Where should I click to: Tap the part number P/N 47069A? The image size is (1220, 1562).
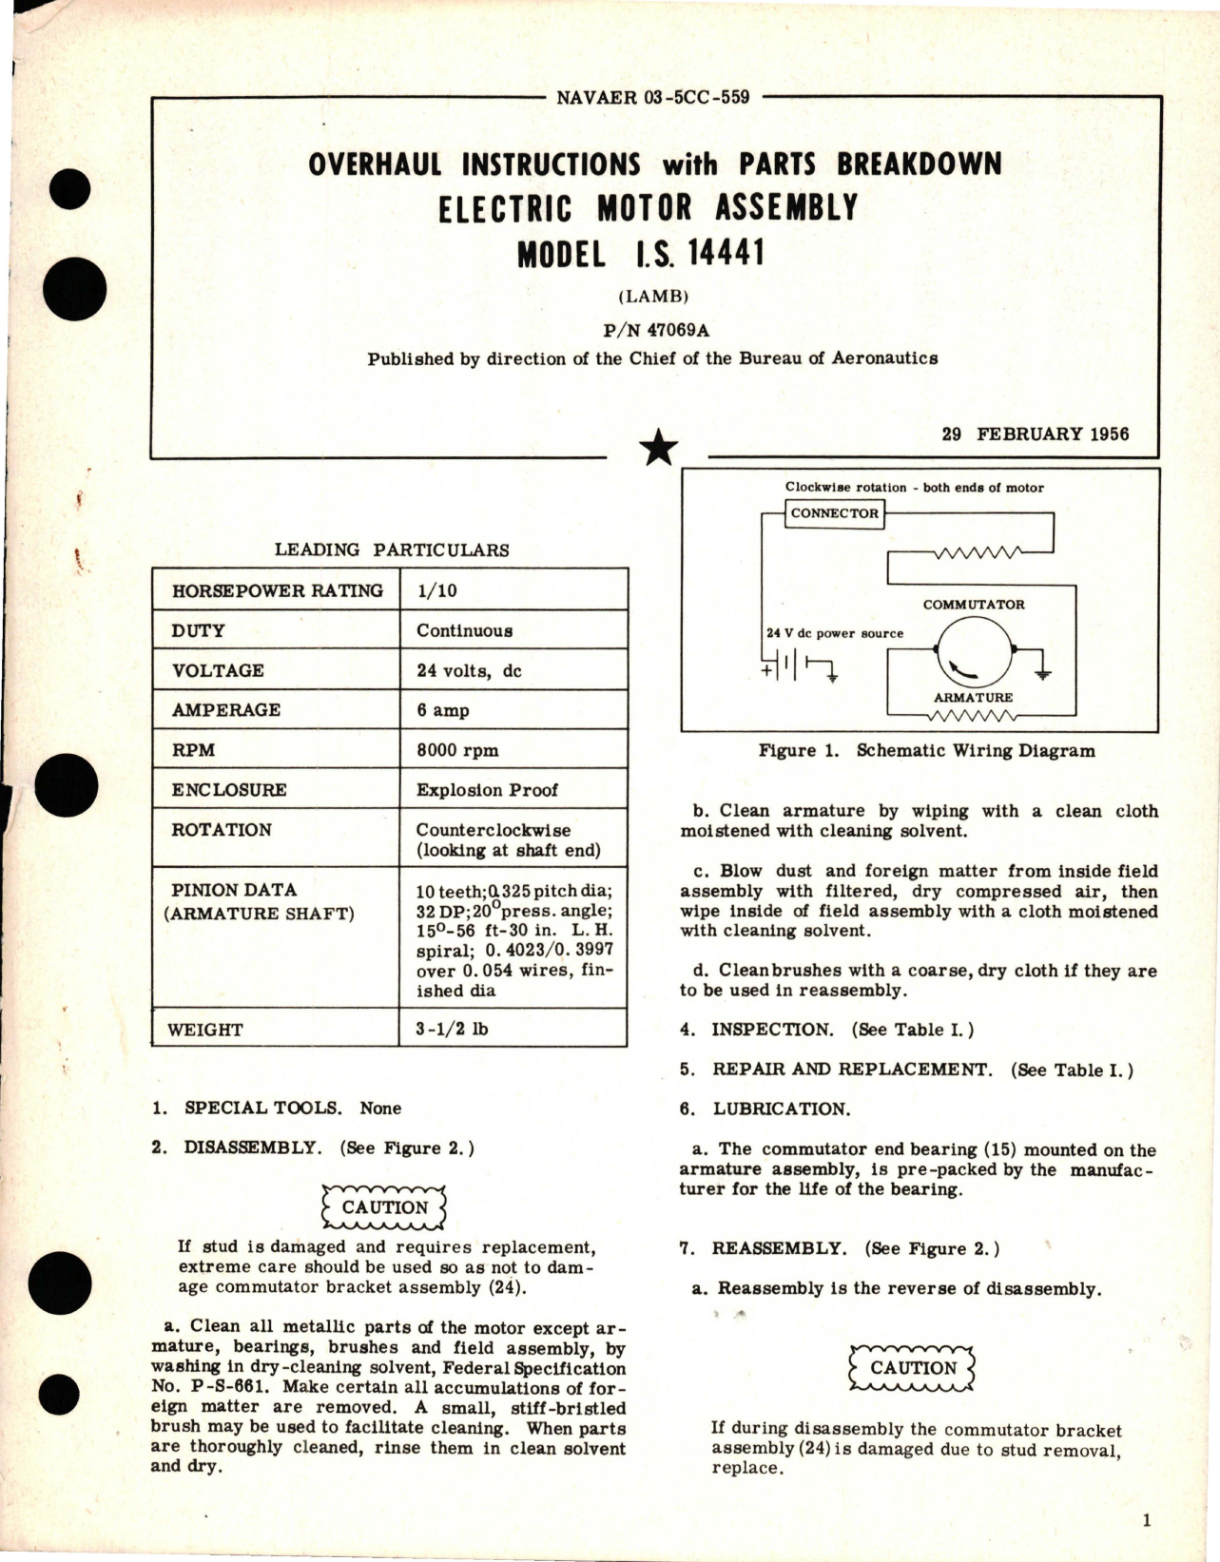[x=655, y=331]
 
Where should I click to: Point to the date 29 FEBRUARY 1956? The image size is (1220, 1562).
[x=1036, y=434]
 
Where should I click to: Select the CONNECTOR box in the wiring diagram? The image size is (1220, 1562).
[x=835, y=513]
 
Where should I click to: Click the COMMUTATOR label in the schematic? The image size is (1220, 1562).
[x=973, y=605]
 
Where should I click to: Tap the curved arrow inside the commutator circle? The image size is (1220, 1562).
[x=961, y=670]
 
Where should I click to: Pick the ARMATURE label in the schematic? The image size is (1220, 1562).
[x=973, y=697]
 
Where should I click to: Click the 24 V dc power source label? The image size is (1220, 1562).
[x=835, y=633]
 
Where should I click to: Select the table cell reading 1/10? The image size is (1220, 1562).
[x=436, y=590]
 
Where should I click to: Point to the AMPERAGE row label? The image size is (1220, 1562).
[x=226, y=710]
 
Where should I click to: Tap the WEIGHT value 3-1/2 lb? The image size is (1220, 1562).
[x=453, y=1029]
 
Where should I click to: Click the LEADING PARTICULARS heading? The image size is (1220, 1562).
[x=392, y=550]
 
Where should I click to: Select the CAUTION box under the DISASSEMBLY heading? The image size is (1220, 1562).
[x=384, y=1207]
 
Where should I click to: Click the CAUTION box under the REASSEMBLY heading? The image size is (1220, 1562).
[x=913, y=1368]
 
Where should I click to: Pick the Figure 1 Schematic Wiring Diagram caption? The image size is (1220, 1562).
[x=926, y=750]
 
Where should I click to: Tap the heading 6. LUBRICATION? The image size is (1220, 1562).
[x=765, y=1109]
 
